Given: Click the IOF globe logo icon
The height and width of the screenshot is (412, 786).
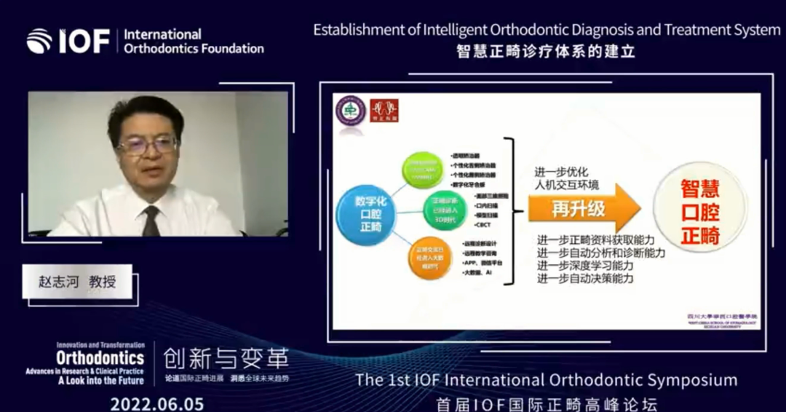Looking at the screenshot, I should click(39, 41).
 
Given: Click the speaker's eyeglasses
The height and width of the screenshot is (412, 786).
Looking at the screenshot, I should click(148, 144).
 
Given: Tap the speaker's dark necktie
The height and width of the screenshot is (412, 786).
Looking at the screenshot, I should click(151, 221).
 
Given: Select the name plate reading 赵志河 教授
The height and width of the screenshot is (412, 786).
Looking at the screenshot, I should click(77, 282).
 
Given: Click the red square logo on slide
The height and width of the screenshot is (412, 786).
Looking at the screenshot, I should click(384, 110).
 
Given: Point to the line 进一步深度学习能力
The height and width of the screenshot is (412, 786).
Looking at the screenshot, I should click(585, 266).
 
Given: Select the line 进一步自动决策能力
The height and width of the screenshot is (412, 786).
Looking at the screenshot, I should click(585, 278).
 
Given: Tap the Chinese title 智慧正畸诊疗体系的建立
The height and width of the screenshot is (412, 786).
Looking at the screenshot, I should click(546, 52).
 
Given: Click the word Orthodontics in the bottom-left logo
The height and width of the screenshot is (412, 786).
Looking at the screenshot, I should click(100, 358).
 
